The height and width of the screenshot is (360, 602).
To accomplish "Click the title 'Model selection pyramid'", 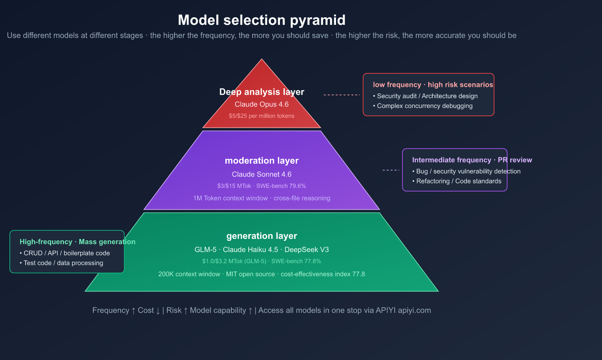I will (261, 20).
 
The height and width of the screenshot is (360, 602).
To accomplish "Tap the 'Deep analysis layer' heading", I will (261, 92).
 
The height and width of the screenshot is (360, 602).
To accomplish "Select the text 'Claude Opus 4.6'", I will (261, 104).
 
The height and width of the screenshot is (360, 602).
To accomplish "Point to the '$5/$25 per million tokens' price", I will (261, 116).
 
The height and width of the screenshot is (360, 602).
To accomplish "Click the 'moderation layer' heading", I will (261, 161).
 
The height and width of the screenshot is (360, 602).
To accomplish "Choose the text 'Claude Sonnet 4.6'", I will (261, 174).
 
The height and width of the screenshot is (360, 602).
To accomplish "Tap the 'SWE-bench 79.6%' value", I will (281, 186).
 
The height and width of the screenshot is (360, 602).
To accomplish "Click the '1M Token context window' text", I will (230, 198).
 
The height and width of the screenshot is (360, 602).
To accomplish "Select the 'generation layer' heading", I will (261, 236).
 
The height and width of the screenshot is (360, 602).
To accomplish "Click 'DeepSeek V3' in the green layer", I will (307, 249).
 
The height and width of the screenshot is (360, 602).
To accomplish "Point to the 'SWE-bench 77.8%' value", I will (296, 261).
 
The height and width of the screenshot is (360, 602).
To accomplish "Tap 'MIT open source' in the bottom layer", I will (250, 274).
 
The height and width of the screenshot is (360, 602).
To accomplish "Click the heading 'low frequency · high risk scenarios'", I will (433, 85).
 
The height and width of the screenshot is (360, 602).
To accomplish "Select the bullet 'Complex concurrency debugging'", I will (424, 106).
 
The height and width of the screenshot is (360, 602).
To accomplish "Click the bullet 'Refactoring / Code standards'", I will (458, 181).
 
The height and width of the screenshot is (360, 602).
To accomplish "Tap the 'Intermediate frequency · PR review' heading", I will (472, 160).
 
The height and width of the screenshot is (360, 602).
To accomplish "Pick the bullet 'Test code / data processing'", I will (63, 263).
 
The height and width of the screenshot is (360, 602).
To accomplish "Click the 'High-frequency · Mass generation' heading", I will (77, 242).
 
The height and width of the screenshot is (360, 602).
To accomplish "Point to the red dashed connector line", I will (342, 95).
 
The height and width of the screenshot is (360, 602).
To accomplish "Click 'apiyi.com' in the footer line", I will (414, 310).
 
